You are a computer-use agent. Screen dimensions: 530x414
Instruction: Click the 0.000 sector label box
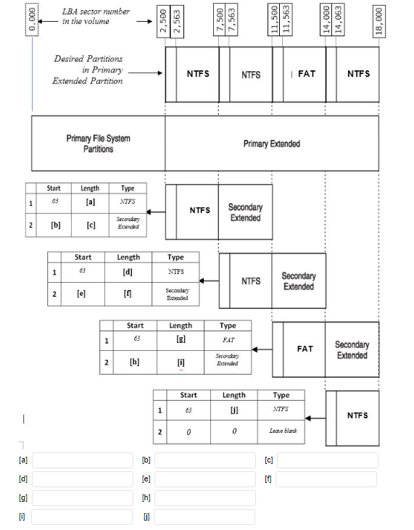(32, 17)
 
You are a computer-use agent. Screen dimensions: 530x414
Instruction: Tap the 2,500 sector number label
(165, 22)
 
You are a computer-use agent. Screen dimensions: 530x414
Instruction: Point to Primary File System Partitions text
(98, 144)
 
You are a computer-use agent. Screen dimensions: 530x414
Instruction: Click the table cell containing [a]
(91, 202)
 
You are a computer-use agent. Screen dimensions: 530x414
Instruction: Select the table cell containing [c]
(91, 225)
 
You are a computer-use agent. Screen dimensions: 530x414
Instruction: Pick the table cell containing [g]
(180, 339)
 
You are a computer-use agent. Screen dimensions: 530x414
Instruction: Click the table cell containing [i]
(180, 363)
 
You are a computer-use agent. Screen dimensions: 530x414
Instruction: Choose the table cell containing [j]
(234, 410)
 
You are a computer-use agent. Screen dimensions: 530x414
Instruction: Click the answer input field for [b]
(205, 460)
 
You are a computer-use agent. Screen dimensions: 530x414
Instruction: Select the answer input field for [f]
(326, 479)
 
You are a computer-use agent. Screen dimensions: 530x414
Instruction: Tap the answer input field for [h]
(205, 497)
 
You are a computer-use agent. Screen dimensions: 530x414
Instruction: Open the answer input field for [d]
(82, 479)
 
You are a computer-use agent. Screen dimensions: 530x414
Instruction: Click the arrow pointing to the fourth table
(315, 418)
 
